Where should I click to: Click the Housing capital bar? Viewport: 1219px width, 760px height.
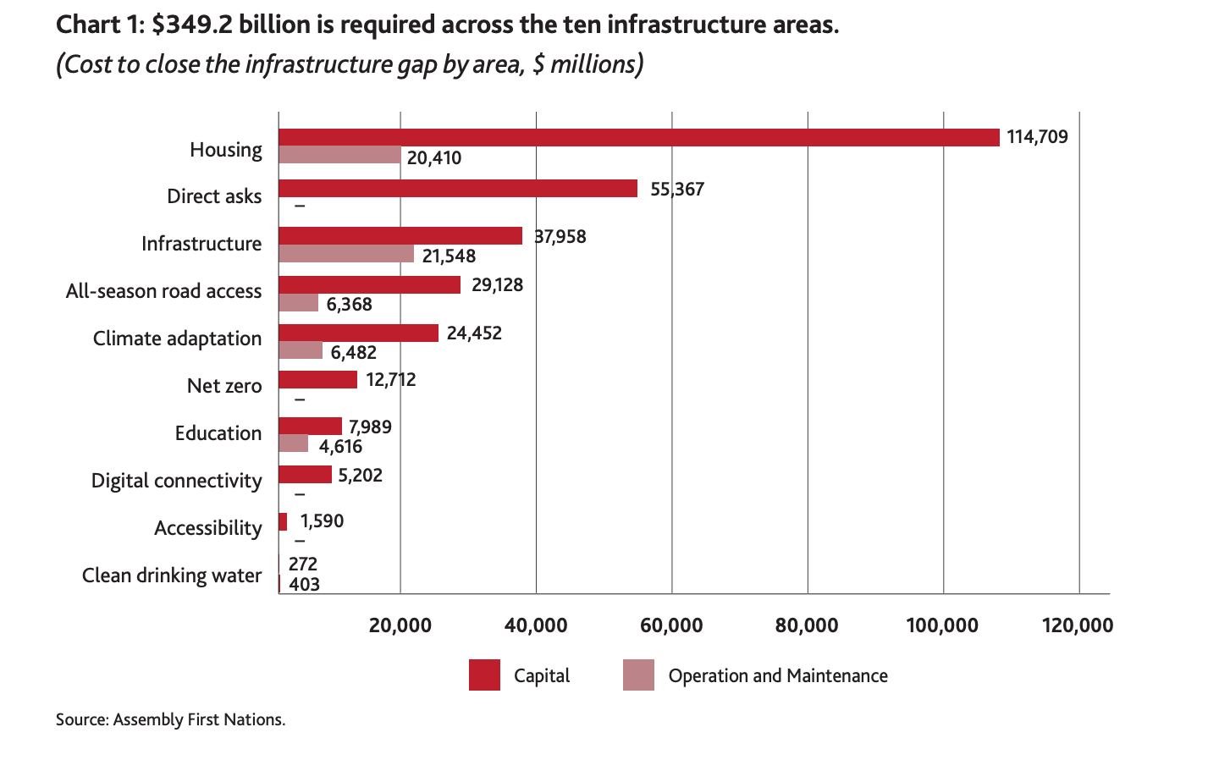639,137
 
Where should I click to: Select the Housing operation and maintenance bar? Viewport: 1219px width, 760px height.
339,155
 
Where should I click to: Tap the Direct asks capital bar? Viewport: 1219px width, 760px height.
458,188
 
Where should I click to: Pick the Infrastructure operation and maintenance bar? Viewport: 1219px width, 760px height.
346,254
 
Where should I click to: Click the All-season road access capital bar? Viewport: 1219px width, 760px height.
369,284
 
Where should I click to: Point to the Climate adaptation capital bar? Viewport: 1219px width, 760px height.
358,333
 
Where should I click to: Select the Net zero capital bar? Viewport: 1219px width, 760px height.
317,379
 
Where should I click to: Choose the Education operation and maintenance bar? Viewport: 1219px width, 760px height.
293,443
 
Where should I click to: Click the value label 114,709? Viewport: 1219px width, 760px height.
1037,137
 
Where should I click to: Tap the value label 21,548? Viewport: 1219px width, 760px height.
449,256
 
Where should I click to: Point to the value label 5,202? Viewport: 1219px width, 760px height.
361,476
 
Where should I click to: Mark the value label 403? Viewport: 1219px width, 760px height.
304,584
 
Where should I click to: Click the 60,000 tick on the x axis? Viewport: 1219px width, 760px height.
671,625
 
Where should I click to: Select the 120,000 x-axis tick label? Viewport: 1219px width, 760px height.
1078,625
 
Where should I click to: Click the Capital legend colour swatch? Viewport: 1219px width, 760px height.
484,675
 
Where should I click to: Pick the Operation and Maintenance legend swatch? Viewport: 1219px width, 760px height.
638,675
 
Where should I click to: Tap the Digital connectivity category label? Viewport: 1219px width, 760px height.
177,481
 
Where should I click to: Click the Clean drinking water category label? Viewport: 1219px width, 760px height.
172,576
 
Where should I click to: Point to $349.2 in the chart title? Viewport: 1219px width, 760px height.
191,25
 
